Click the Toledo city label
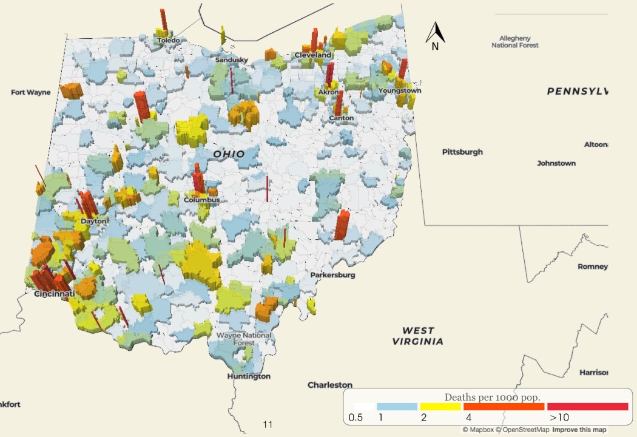point(169,40)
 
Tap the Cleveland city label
point(313,55)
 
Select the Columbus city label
point(201,200)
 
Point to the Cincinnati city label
point(54,294)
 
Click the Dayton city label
point(93,222)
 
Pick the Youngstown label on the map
point(399,90)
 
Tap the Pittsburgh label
point(462,152)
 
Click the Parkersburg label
point(332,275)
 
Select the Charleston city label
point(330,385)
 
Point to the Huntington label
point(249,376)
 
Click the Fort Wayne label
point(30,92)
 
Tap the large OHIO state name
point(229,154)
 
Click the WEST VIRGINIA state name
point(419,336)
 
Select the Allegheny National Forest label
point(514,41)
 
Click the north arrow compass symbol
point(436,35)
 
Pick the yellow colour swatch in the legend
point(440,407)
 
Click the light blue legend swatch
point(397,407)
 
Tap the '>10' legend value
point(559,418)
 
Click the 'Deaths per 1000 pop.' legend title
point(492,397)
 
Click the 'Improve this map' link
point(579,430)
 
